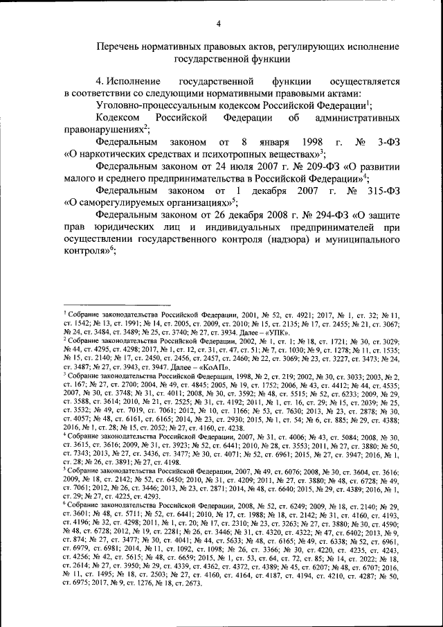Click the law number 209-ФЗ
tap(274, 166)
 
